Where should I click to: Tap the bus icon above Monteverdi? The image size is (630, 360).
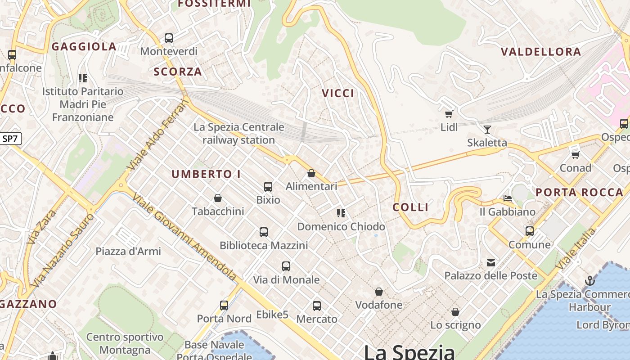pyautogui.click(x=169, y=38)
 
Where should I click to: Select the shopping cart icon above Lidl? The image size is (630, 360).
pyautogui.click(x=449, y=114)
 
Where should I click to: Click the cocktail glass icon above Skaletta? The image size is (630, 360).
pyautogui.click(x=487, y=130)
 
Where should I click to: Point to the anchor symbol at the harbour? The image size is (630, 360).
pyautogui.click(x=589, y=281)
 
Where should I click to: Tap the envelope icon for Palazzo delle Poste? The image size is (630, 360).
pyautogui.click(x=490, y=262)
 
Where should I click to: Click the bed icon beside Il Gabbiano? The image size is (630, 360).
pyautogui.click(x=508, y=198)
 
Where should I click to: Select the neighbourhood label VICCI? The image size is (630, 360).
pyautogui.click(x=338, y=93)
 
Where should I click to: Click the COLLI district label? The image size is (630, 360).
pyautogui.click(x=410, y=207)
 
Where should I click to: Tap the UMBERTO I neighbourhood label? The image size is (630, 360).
pyautogui.click(x=206, y=174)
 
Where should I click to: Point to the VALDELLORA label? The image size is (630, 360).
pyautogui.click(x=541, y=52)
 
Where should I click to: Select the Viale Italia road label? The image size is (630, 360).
pyautogui.click(x=576, y=248)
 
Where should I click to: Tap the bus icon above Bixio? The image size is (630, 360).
pyautogui.click(x=268, y=186)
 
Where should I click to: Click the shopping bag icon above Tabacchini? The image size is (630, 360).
pyautogui.click(x=218, y=198)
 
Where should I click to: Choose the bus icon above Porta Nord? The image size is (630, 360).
pyautogui.click(x=224, y=306)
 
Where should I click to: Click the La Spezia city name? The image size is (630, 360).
pyautogui.click(x=409, y=351)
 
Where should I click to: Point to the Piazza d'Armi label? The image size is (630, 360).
pyautogui.click(x=129, y=251)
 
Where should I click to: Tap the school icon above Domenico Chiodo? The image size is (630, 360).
pyautogui.click(x=341, y=213)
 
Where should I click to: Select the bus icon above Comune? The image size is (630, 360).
pyautogui.click(x=530, y=231)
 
